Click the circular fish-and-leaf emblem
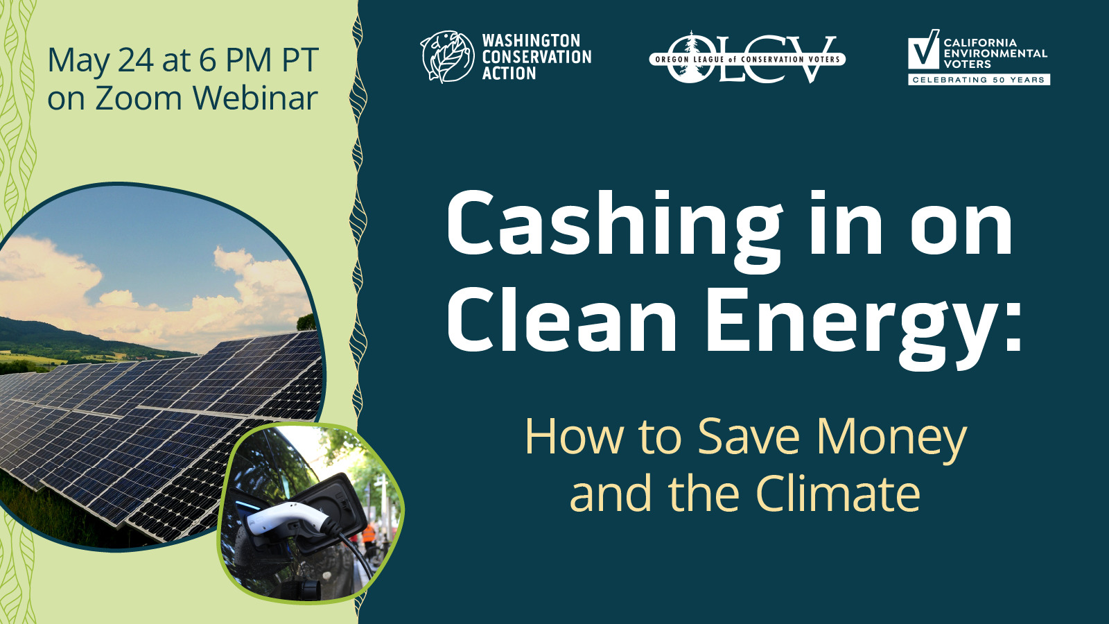[x=448, y=56]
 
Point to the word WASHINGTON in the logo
[x=531, y=41]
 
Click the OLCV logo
[x=747, y=58]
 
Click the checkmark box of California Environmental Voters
[x=923, y=49]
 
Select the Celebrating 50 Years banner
[x=979, y=80]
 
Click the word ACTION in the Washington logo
[x=509, y=73]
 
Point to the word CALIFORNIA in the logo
[x=980, y=42]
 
